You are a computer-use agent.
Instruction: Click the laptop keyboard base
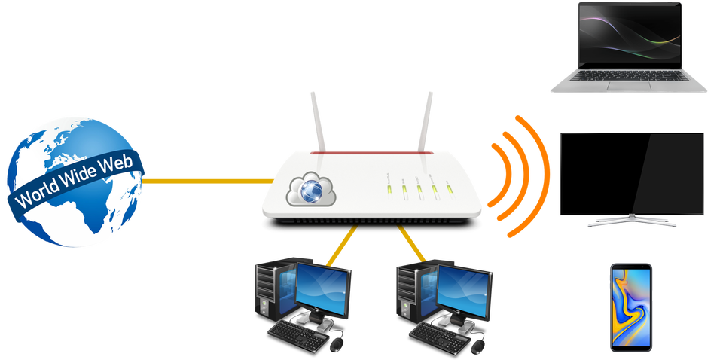(628, 84)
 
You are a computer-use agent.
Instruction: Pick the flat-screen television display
(631, 172)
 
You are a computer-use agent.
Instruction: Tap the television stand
(631, 222)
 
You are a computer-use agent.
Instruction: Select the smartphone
(631, 307)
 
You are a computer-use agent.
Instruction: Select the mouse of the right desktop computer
(477, 343)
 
